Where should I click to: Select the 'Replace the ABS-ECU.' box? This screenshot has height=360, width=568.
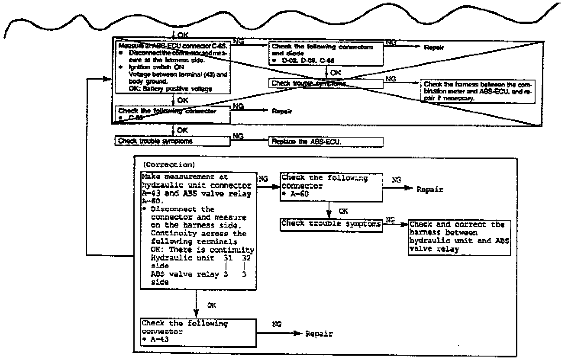click(326, 142)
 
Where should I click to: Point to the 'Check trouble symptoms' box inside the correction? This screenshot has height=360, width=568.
click(331, 224)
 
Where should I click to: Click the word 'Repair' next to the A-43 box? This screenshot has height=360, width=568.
click(319, 334)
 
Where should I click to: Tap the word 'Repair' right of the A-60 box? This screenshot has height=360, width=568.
click(430, 190)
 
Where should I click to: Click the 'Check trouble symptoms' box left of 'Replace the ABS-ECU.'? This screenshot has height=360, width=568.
click(172, 141)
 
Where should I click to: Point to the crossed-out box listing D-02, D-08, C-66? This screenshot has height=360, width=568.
click(326, 53)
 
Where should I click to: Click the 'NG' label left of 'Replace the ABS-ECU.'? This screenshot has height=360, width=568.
click(238, 136)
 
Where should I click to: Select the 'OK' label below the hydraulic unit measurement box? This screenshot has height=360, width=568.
click(211, 305)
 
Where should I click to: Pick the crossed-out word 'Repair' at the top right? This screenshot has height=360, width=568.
click(434, 48)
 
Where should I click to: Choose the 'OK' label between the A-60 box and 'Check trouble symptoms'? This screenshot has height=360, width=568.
click(343, 211)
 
